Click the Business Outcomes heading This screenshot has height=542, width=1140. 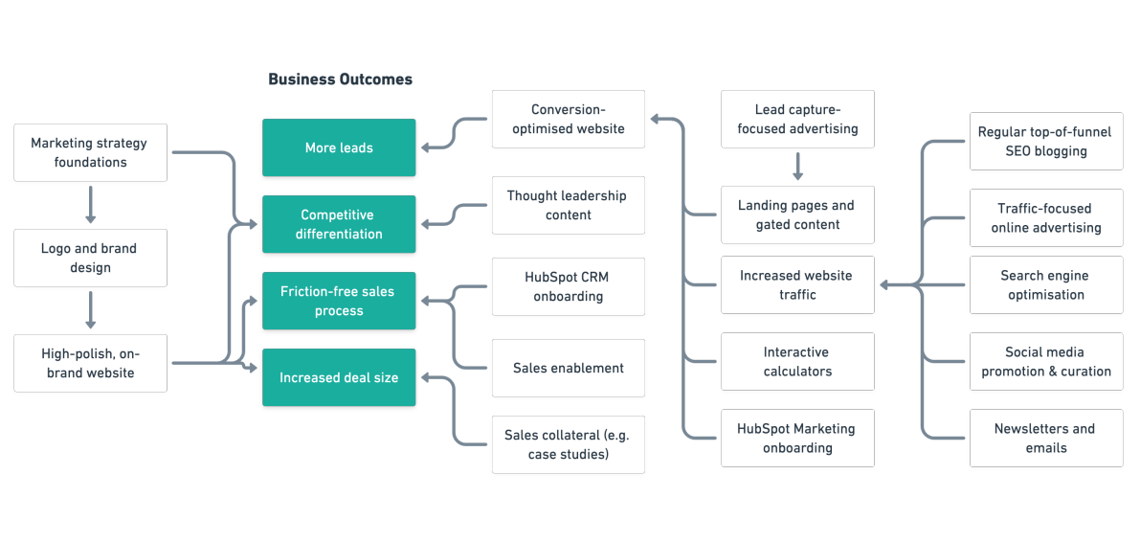pos(340,79)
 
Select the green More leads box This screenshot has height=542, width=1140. pos(339,147)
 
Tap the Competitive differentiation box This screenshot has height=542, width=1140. pos(339,224)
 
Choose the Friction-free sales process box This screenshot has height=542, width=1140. pos(339,301)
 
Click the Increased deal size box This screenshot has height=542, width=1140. pos(339,377)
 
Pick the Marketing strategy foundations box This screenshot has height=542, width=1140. pos(90,152)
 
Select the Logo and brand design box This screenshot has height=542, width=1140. pos(90,258)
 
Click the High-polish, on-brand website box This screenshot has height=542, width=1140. pos(90,363)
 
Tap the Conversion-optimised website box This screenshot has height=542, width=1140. pos(569,119)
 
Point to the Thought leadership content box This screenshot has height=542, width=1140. pos(569,205)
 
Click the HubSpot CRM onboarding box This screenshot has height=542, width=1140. pos(569,286)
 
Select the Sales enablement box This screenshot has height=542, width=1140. pos(569,368)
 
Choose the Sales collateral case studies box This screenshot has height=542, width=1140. pos(569,444)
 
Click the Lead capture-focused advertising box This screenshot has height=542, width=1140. pos(797,119)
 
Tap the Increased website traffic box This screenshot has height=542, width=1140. pos(797,284)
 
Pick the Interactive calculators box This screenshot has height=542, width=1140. pos(797,361)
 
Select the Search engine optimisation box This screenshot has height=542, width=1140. pos(1046,284)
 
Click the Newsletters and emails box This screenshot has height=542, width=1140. pos(1046,438)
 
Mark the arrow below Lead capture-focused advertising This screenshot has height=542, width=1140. pos(797,167)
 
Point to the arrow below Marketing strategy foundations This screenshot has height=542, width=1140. pos(90,204)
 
